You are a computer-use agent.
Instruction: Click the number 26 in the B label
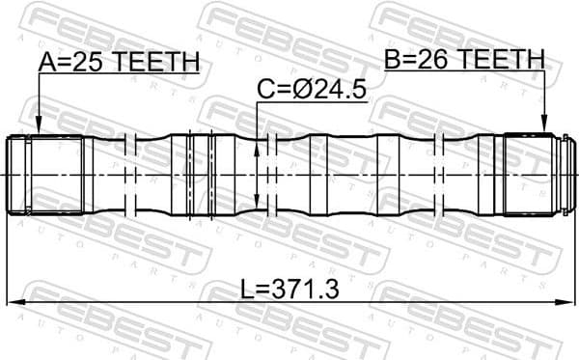433,60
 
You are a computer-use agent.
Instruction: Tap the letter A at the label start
46,63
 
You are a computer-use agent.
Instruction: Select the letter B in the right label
393,60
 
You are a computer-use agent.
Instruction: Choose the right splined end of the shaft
536,174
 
